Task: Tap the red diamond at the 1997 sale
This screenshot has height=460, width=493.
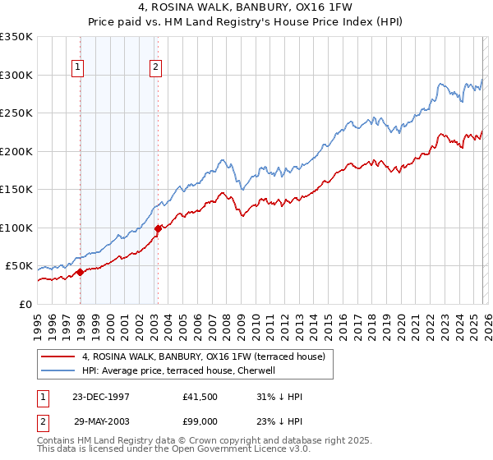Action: coord(80,273)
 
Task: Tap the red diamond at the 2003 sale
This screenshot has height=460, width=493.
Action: coord(158,228)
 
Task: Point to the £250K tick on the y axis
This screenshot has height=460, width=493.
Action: coord(16,113)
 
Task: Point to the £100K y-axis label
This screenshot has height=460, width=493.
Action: coord(16,228)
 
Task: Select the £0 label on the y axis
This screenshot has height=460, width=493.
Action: coord(25,304)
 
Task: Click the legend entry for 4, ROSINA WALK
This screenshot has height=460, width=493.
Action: coord(204,356)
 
